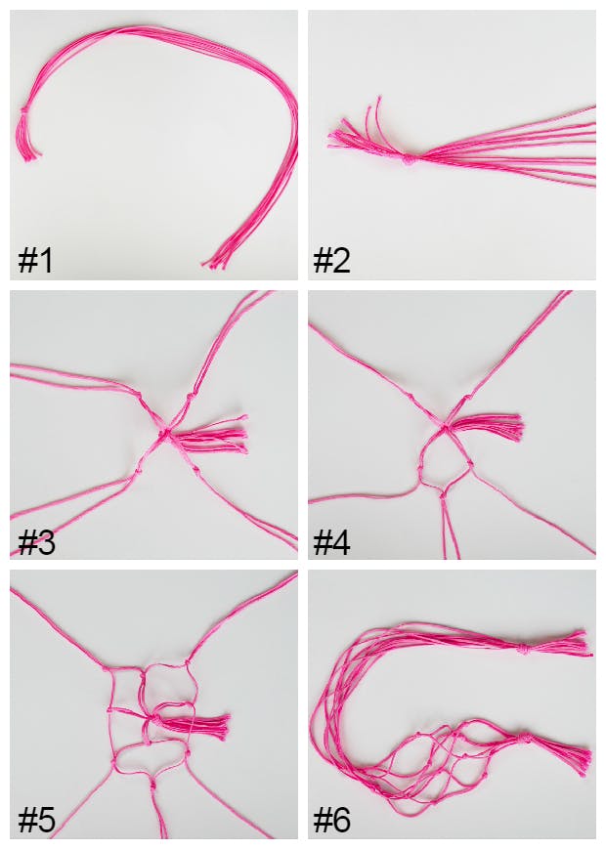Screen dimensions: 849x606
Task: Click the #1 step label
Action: pyautogui.click(x=35, y=261)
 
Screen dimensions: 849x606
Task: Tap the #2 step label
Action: pyautogui.click(x=332, y=261)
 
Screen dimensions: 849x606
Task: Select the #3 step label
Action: pyautogui.click(x=36, y=542)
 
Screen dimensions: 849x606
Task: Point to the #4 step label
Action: pyautogui.click(x=332, y=542)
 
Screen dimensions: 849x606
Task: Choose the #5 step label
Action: pyautogui.click(x=36, y=821)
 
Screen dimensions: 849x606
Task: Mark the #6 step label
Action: pyautogui.click(x=332, y=821)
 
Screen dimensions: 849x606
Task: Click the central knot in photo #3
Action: pyautogui.click(x=166, y=431)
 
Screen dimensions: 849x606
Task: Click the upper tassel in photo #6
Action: pyautogui.click(x=562, y=644)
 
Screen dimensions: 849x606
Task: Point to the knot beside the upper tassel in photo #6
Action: pyautogui.click(x=525, y=647)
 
